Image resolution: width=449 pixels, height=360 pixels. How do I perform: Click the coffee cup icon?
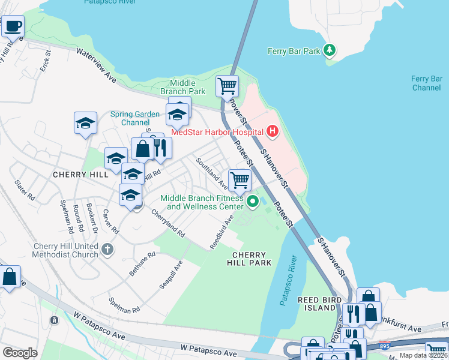click(13, 26)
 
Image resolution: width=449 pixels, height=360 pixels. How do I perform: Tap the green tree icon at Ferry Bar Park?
click(329, 50)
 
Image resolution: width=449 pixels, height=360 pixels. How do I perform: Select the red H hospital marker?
click(273, 131)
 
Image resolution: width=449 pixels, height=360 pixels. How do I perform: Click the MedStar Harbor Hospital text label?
click(217, 132)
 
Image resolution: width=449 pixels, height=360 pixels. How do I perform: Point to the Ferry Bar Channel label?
click(427, 83)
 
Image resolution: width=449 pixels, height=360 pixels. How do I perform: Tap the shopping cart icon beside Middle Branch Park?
click(227, 86)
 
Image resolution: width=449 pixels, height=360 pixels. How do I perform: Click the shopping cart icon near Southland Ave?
click(240, 179)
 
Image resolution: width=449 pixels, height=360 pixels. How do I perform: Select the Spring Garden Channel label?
click(135, 118)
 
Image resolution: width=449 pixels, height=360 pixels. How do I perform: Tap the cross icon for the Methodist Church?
click(107, 249)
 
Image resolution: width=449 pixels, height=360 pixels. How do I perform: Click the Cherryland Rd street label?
click(167, 223)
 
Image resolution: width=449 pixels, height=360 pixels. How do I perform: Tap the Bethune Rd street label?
click(142, 263)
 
